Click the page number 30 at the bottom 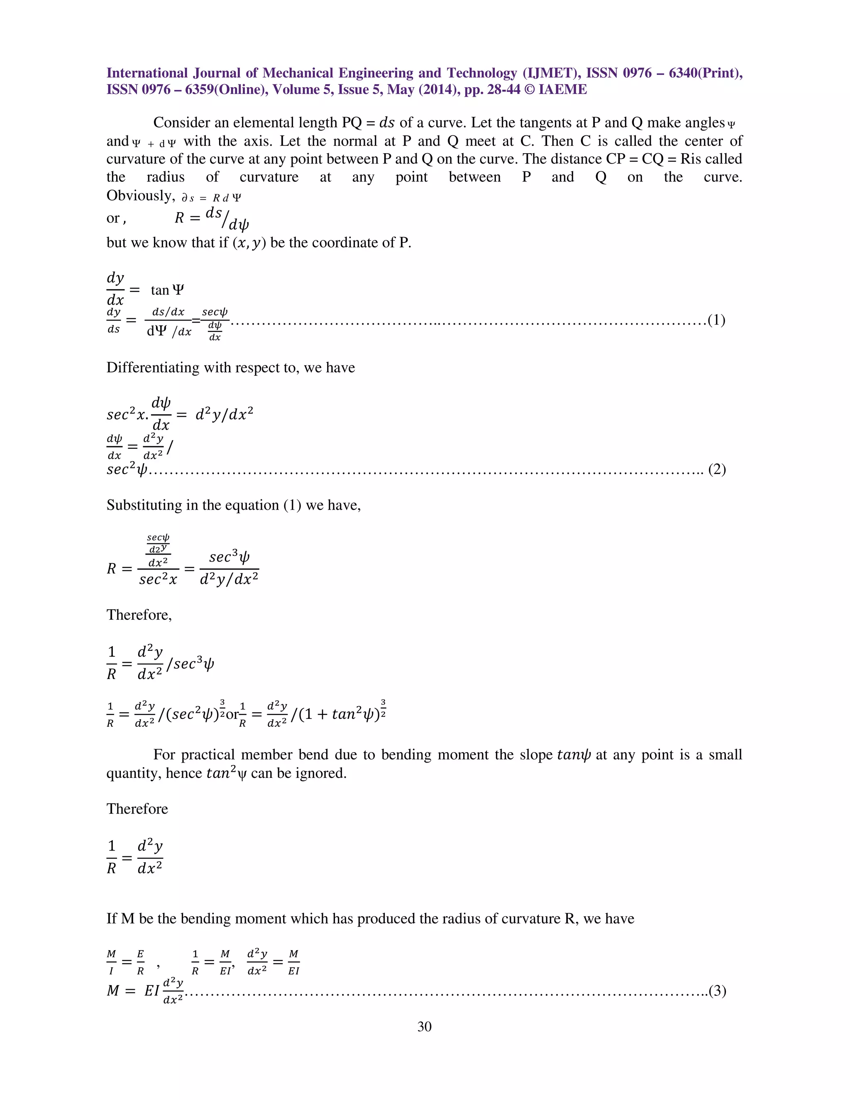tap(424, 1027)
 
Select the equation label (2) tap(716, 469)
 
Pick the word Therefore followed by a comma tap(139, 615)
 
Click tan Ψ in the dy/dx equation tap(167, 290)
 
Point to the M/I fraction tap(111, 963)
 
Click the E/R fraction tap(141, 963)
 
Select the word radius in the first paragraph tap(165, 177)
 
